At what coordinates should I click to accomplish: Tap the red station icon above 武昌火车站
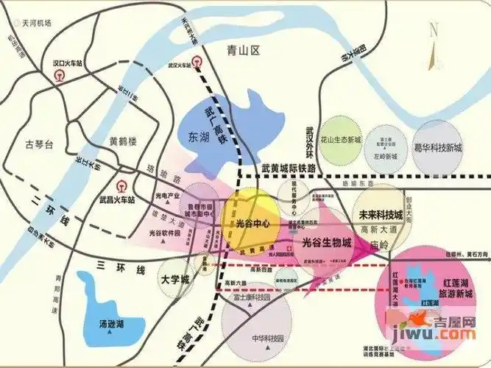click(x=122, y=185)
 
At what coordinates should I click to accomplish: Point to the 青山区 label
click(x=244, y=51)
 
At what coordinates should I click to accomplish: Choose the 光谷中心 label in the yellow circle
click(x=249, y=223)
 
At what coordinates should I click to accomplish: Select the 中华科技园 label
click(x=264, y=339)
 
